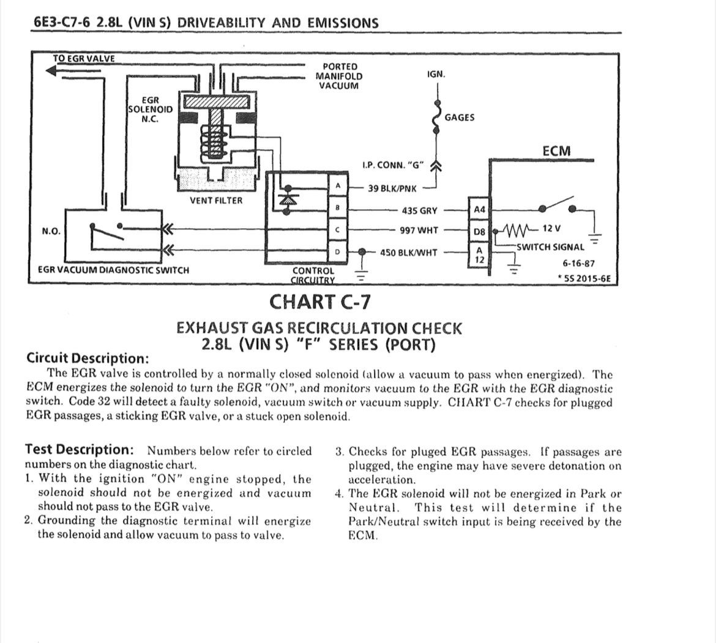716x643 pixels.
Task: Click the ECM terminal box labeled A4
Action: pos(479,210)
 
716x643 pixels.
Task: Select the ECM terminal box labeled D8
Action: pos(479,232)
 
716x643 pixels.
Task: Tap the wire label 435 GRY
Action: pos(419,210)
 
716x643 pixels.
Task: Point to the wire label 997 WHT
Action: pos(419,231)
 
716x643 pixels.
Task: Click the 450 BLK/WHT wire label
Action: pos(408,252)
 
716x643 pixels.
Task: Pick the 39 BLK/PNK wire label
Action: pos(392,188)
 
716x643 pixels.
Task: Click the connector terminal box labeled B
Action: pos(337,208)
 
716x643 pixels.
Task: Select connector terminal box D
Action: pos(337,252)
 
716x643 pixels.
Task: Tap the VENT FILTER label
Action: pos(215,201)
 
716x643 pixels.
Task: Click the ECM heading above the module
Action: pos(556,151)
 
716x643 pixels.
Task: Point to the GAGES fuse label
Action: pos(459,117)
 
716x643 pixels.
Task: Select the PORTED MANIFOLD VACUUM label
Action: pos(338,76)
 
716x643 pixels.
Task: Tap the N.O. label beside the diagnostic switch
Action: pos(51,231)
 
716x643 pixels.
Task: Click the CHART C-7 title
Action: pos(319,302)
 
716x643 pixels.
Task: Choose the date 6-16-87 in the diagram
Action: pos(578,264)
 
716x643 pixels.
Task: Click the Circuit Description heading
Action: pos(88,358)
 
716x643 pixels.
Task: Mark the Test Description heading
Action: pos(79,450)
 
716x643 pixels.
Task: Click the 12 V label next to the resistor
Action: pos(551,228)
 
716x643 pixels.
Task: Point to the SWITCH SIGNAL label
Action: pos(550,247)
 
